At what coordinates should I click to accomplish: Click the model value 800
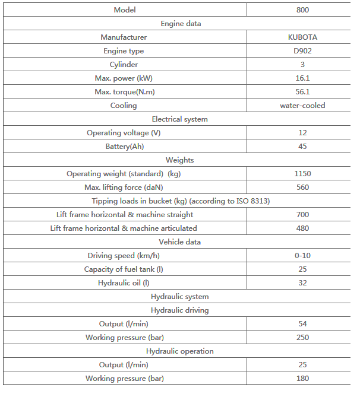tap(302, 9)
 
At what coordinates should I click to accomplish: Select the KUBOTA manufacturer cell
tap(302, 37)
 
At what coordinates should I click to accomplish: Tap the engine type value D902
tap(302, 51)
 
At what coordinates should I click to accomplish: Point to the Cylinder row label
tap(124, 65)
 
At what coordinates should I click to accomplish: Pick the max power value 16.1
tap(302, 78)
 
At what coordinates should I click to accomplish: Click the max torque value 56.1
tap(302, 92)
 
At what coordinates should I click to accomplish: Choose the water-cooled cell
tap(302, 106)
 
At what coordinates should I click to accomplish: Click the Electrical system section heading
tap(180, 119)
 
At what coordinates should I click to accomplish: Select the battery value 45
tap(302, 147)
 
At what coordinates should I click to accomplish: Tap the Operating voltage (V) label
tap(124, 133)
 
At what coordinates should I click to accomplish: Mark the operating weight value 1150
tap(302, 174)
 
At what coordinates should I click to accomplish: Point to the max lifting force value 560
tap(302, 188)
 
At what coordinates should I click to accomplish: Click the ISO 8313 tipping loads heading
tap(180, 201)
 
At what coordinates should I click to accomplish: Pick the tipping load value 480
tap(302, 228)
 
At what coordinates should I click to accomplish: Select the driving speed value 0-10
tap(302, 256)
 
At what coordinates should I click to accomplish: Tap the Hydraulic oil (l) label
tap(124, 283)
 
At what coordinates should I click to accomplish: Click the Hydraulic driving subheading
tap(180, 310)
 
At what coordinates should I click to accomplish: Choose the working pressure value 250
tap(302, 338)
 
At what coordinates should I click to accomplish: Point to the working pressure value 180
tap(302, 379)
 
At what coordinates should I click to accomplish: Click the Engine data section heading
tap(180, 24)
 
